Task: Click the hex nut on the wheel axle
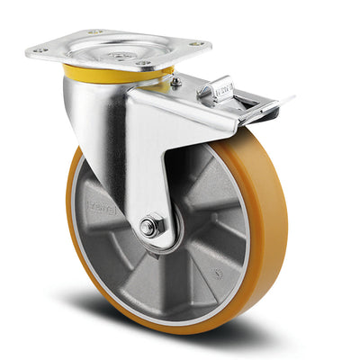tap(151, 225)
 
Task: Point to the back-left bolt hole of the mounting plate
tap(94, 32)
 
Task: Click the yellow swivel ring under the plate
tap(108, 72)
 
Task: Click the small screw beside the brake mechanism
tap(176, 83)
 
